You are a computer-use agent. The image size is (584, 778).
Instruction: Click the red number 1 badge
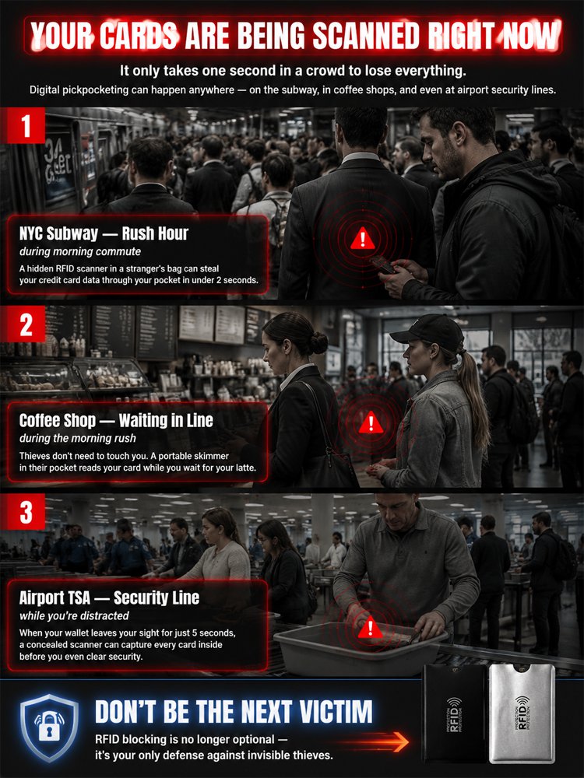26,125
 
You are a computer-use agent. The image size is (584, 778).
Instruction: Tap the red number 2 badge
26,324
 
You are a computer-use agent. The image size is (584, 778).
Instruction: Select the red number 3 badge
26,512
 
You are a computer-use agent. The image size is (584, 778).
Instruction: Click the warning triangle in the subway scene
363,239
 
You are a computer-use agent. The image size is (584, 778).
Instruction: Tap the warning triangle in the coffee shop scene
371,422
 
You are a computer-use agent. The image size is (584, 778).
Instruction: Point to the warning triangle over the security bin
370,628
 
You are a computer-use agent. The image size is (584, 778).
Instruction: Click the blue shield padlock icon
49,727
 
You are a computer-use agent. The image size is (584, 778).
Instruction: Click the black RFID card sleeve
454,713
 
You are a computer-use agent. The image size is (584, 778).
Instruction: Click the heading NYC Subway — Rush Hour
104,233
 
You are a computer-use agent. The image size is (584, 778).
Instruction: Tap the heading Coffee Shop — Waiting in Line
116,421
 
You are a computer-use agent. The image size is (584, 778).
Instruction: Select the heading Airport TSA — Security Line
109,598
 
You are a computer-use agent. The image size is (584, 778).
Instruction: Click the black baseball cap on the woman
429,332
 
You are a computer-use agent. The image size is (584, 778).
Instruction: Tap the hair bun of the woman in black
318,342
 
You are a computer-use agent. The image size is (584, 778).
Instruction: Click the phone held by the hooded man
383,264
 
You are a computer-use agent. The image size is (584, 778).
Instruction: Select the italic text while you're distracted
74,615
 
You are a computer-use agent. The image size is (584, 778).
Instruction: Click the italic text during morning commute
80,251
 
